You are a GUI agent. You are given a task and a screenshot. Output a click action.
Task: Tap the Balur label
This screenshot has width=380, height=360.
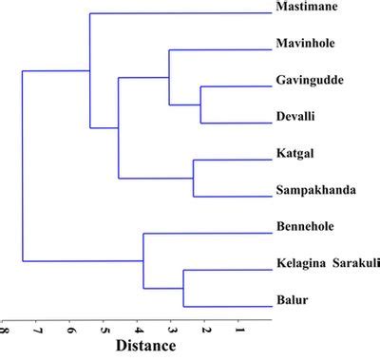(289, 301)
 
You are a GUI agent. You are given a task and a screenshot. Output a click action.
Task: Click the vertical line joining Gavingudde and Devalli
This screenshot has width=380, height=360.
(201, 104)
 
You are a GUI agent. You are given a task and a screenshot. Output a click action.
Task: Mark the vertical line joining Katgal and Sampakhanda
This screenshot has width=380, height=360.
(194, 178)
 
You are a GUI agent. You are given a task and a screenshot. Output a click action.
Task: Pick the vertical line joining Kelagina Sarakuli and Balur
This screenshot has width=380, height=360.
(183, 288)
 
